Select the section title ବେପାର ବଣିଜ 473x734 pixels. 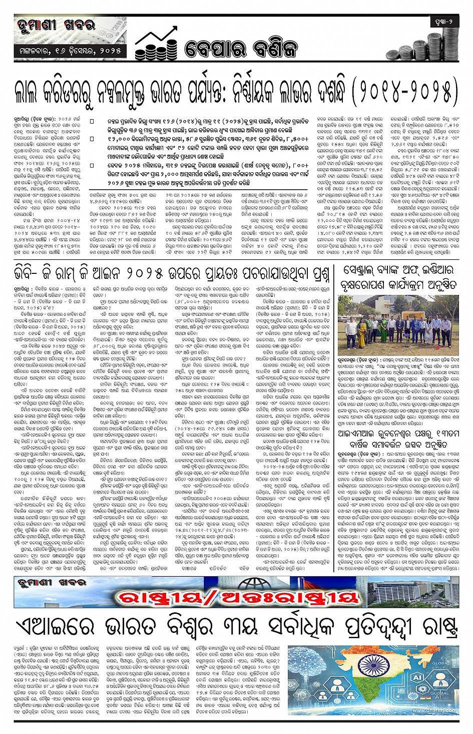pos(241,49)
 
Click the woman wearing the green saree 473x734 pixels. pos(383,328)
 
